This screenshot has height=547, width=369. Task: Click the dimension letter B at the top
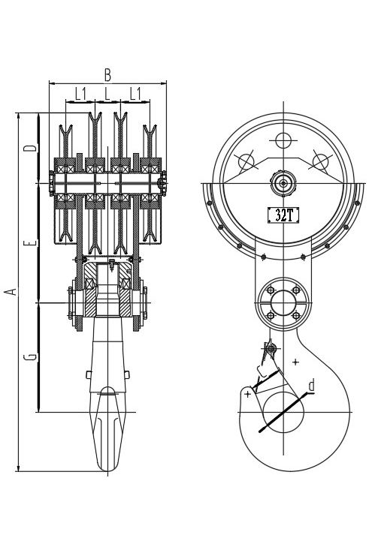click(107, 75)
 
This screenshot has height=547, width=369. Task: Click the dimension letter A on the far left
click(12, 291)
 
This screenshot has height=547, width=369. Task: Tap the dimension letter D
click(30, 148)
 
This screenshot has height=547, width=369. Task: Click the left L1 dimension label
click(81, 94)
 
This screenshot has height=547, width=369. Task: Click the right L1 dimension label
click(135, 94)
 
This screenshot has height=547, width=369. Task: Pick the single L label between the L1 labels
click(107, 94)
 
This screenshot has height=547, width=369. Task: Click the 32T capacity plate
click(283, 215)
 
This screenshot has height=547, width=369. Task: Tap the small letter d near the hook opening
click(311, 385)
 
